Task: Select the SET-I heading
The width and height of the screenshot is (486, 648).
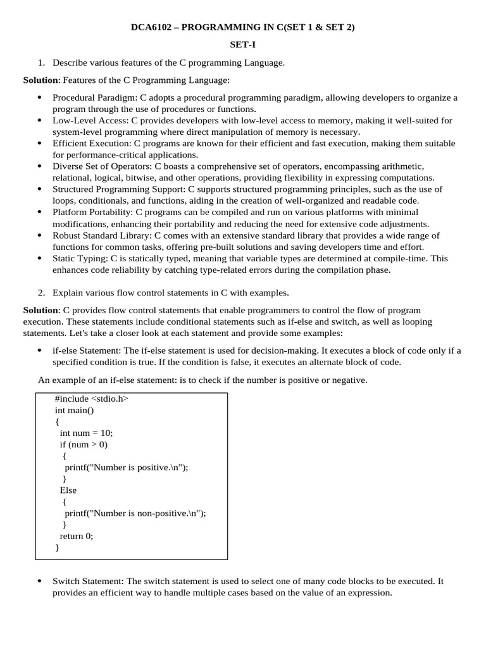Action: [242, 45]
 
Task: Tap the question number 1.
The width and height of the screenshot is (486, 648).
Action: [41, 63]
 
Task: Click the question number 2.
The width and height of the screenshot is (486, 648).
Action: [41, 292]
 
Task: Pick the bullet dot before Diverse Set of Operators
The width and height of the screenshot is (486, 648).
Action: [39, 166]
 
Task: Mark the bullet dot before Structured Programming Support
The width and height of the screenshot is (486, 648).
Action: [39, 189]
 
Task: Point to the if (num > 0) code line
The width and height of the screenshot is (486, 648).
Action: [84, 444]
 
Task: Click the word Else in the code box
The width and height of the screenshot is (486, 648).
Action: [68, 490]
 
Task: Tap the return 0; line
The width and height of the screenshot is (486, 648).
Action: [77, 535]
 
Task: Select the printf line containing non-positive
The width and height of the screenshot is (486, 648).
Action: [135, 513]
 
